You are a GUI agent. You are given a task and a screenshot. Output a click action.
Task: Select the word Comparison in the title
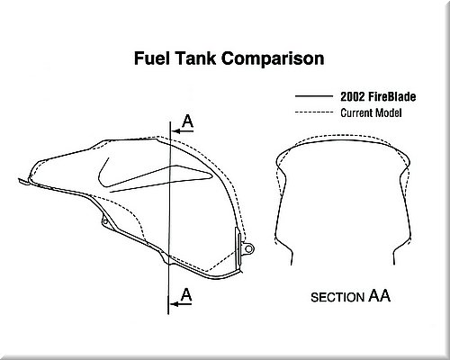click(x=273, y=58)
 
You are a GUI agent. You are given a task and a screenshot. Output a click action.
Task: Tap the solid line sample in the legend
click(x=314, y=96)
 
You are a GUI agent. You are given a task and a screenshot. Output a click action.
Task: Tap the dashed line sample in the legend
click(x=314, y=112)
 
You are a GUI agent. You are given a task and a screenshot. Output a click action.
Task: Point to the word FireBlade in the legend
click(x=391, y=96)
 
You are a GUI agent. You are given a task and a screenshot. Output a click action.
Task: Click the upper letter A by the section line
click(x=188, y=121)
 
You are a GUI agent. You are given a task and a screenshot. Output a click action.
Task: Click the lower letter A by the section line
click(x=186, y=294)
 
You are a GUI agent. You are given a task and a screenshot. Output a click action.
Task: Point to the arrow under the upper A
click(x=183, y=131)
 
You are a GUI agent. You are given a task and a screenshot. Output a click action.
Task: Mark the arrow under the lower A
click(x=181, y=304)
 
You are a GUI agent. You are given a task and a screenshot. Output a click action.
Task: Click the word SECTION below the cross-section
click(x=337, y=297)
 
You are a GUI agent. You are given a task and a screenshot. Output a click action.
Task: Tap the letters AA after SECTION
click(x=379, y=295)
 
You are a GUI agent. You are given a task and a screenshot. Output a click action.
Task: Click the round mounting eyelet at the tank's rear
click(x=248, y=248)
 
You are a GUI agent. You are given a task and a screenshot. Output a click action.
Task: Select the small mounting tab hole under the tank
click(x=105, y=222)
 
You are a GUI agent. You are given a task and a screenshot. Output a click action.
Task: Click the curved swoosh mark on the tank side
click(x=101, y=174)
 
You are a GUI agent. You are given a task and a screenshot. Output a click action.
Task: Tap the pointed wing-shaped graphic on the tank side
click(x=162, y=179)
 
